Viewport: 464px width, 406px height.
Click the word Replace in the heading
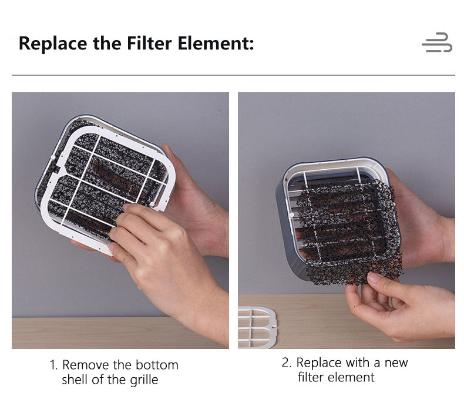point(53,44)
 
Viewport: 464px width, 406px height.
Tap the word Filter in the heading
point(149,43)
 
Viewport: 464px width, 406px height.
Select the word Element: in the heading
point(216,43)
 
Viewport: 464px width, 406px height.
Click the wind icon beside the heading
point(437,42)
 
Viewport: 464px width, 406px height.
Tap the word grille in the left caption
point(144,380)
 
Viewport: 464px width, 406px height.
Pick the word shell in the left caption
point(75,380)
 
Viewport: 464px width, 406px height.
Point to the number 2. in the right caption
point(287,363)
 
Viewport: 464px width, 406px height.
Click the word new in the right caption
point(396,363)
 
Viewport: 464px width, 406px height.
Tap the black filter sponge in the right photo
point(350,234)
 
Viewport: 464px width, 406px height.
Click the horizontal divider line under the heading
point(233,75)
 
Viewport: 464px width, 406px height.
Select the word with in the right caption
point(358,363)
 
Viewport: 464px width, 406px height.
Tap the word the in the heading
point(107,43)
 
